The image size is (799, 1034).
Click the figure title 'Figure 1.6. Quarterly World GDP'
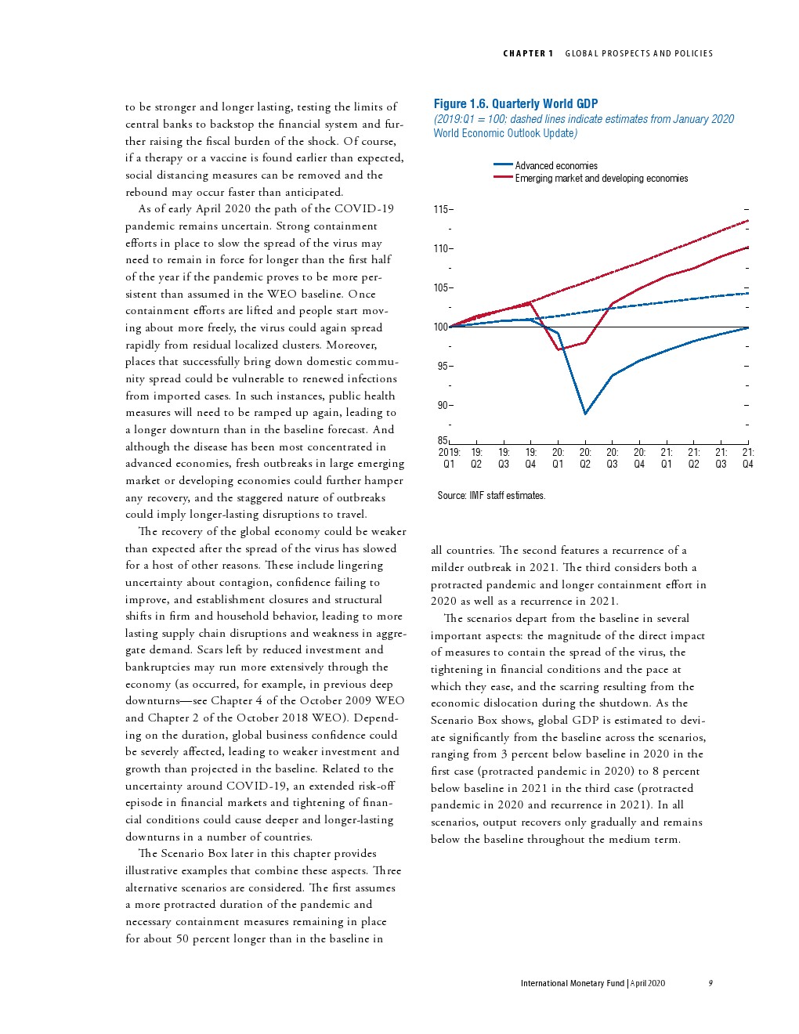[x=515, y=103]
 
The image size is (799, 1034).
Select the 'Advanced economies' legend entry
[x=555, y=165]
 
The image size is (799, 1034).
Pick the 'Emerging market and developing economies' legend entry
[x=601, y=179]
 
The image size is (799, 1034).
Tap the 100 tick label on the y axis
[x=440, y=327]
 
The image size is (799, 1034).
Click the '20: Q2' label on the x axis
[x=585, y=457]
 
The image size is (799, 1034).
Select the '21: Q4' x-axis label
[x=748, y=457]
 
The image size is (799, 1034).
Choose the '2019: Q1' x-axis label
[x=449, y=457]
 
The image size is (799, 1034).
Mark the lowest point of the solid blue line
[x=585, y=414]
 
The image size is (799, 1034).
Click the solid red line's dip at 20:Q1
[x=559, y=349]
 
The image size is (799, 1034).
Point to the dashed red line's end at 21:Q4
[x=748, y=221]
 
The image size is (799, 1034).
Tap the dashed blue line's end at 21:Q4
[x=748, y=293]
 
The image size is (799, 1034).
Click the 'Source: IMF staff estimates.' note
[x=491, y=496]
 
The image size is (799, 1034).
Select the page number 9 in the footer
[x=710, y=983]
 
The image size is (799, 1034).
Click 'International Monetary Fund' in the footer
[x=572, y=983]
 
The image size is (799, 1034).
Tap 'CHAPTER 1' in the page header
[x=528, y=53]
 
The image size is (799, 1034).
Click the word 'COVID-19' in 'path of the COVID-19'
[x=364, y=208]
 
